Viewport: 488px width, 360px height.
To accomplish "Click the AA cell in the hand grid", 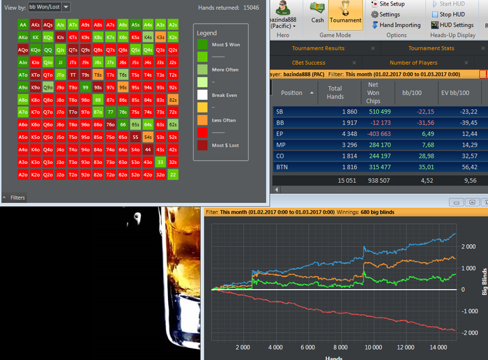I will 24,24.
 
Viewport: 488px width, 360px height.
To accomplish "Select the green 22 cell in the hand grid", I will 173,174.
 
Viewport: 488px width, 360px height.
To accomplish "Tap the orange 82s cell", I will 173,99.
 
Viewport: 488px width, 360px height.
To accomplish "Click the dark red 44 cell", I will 148,149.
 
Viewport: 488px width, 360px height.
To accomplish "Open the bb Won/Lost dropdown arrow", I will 66,7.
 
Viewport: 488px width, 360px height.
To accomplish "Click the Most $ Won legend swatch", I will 203,44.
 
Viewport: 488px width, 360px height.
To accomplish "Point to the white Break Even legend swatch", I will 203,95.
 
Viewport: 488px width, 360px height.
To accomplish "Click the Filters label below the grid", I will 17,197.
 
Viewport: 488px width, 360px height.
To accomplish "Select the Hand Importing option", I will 399,25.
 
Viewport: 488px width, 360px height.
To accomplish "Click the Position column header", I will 291,93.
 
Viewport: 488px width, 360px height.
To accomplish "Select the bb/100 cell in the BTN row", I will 415,167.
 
